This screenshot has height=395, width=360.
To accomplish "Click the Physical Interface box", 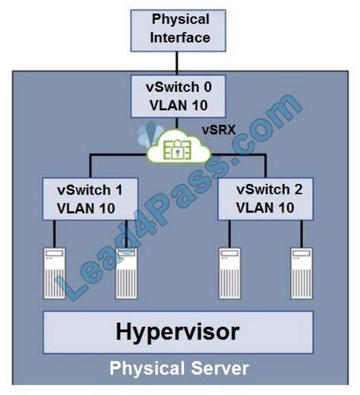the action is click(178, 30).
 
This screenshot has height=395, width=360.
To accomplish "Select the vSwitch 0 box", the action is click(178, 96).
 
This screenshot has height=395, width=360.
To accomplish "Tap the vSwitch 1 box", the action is click(90, 199).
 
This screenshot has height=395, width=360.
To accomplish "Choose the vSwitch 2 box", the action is click(266, 199).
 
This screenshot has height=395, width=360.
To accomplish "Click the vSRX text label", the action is click(219, 130).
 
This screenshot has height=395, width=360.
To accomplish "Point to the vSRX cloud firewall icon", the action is click(178, 147).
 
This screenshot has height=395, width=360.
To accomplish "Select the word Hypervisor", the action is click(178, 332).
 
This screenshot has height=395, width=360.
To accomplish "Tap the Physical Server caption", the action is click(179, 368).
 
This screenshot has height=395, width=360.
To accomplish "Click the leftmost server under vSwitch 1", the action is click(55, 273).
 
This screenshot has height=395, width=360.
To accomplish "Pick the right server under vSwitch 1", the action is click(127, 273).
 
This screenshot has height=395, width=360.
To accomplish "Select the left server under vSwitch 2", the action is click(229, 273).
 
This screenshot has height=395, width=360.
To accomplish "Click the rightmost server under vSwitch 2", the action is click(302, 273).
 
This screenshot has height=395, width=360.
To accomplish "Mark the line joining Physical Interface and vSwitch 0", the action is click(177, 63).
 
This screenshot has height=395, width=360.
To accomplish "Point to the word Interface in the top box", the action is click(180, 37).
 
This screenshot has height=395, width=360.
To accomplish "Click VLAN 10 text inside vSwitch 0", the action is click(178, 106).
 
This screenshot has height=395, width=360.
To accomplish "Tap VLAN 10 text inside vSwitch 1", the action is click(86, 208).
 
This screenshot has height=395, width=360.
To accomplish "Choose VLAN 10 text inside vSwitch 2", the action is click(265, 208).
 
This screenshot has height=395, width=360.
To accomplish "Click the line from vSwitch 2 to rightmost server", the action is click(302, 234).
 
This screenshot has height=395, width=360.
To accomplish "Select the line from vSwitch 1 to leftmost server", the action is click(54, 234).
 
